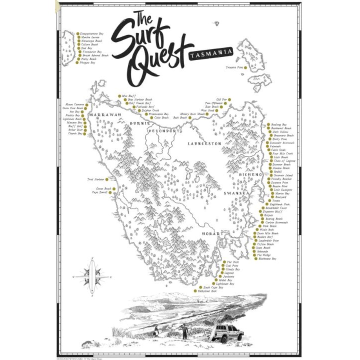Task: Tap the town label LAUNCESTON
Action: pos(204,143)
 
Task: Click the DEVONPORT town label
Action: pos(162,130)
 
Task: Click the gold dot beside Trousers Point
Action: pos(245,67)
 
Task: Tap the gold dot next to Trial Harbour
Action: pos(106,178)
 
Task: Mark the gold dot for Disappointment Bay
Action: pos(77,33)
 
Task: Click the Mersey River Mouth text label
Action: pos(193,114)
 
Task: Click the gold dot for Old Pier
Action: pos(231,99)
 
